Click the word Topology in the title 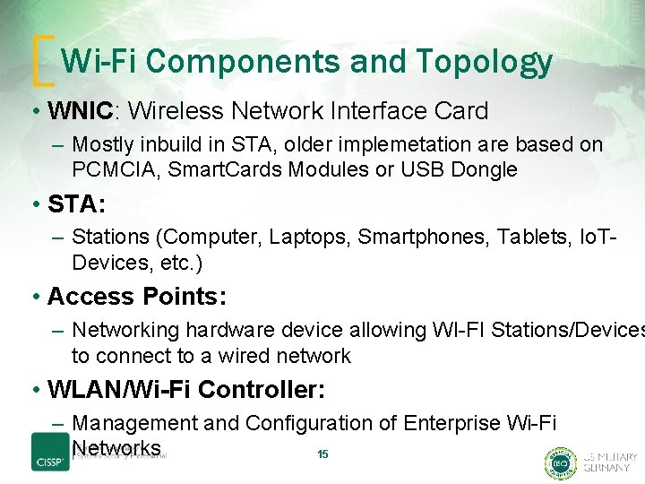coord(484,61)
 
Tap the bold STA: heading coord(76,204)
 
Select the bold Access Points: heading coord(137,297)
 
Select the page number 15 coord(322,454)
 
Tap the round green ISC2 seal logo coord(561,462)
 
